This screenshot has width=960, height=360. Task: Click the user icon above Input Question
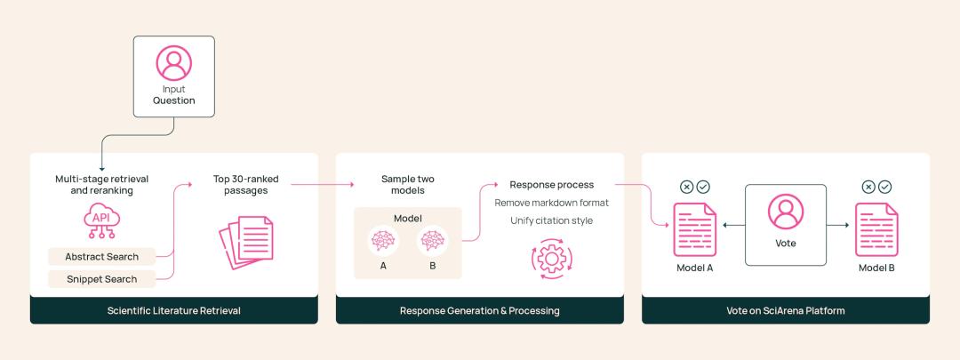174,63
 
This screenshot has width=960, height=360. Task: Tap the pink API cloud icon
101,221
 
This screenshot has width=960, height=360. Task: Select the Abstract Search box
101,257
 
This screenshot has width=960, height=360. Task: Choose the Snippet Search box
101,279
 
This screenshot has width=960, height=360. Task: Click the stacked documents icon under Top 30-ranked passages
246,242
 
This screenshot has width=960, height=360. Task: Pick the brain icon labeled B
433,241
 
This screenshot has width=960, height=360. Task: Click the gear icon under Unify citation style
551,259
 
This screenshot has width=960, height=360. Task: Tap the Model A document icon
694,229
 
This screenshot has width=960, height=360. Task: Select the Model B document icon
876,229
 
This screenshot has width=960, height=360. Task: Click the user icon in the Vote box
786,212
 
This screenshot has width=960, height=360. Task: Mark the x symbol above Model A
687,187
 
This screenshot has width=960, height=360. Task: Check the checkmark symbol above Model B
884,187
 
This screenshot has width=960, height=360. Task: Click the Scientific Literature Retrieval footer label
174,310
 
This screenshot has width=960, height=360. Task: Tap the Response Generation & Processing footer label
479,310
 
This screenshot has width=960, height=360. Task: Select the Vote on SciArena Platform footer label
786,310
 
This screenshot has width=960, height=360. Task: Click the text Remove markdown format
552,203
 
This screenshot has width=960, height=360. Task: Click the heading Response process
552,185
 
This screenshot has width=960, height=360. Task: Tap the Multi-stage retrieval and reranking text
101,185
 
